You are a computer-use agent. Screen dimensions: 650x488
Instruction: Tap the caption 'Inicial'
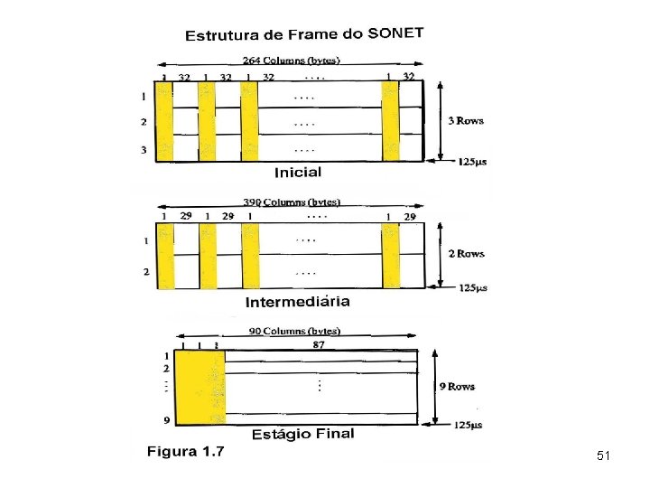point(298,172)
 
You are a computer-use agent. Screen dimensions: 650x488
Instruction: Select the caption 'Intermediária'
point(297,301)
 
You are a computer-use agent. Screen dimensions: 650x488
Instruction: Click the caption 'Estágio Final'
point(302,434)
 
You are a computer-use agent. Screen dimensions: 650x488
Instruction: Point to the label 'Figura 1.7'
point(185,451)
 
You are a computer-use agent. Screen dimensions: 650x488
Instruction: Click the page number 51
point(603,457)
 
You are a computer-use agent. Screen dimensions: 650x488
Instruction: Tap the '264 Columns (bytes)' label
point(291,61)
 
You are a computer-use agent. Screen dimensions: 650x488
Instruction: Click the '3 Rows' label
point(465,120)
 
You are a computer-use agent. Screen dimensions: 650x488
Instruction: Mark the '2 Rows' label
point(467,254)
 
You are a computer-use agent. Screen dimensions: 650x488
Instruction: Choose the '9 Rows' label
point(457,387)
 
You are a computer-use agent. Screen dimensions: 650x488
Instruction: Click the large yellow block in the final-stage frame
point(200,388)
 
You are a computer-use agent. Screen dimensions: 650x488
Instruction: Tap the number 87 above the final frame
point(318,344)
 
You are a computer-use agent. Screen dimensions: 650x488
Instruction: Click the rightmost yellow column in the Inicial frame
point(390,121)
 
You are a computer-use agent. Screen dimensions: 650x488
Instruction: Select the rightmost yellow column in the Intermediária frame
point(390,256)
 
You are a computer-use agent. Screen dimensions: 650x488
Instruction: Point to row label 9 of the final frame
point(166,420)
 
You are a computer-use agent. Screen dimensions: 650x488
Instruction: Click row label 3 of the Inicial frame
point(143,150)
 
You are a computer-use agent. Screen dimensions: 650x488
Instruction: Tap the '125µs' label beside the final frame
point(468,425)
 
